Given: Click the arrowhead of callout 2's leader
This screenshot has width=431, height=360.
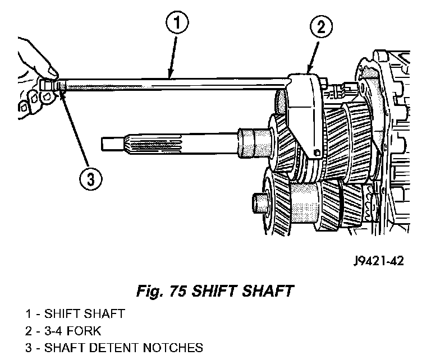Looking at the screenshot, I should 309,72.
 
